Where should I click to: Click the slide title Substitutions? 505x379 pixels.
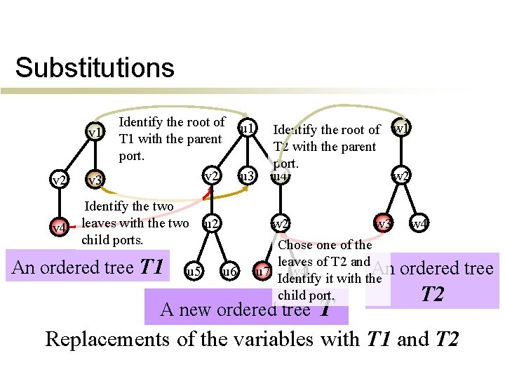pos(95,68)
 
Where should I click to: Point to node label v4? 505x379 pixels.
pos(60,228)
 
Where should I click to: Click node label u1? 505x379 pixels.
pos(247,129)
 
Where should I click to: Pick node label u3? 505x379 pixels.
pos(245,175)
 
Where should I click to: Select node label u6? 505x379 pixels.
pos(229,271)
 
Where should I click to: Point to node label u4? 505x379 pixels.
pos(279,176)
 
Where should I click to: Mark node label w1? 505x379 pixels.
pos(402,129)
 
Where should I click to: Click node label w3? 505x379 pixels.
pos(383,225)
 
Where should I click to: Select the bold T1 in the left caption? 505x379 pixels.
pos(151,267)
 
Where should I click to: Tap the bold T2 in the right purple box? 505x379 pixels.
pos(432,294)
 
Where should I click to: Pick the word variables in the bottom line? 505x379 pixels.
pos(277,340)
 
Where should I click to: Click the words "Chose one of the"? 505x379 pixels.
pos(325,245)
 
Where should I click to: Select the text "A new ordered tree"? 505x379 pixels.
pos(235,310)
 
